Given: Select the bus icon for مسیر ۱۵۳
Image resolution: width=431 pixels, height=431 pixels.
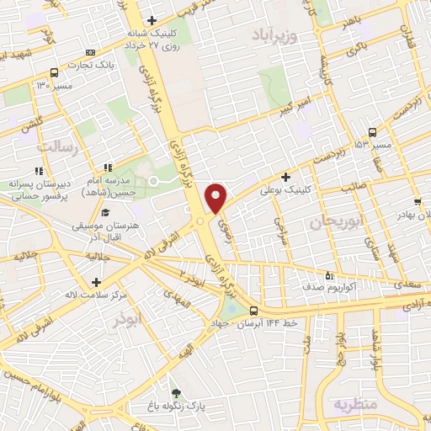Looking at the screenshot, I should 372,132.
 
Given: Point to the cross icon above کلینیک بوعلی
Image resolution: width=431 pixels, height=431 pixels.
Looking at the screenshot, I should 286,177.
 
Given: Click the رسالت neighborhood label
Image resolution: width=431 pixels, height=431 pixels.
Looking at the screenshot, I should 57,147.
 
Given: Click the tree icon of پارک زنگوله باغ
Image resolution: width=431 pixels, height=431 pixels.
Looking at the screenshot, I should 175,392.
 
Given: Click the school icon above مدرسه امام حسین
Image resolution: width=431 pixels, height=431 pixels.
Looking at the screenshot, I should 106,169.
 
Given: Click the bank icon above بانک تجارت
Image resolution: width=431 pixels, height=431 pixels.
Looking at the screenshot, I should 92,52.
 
